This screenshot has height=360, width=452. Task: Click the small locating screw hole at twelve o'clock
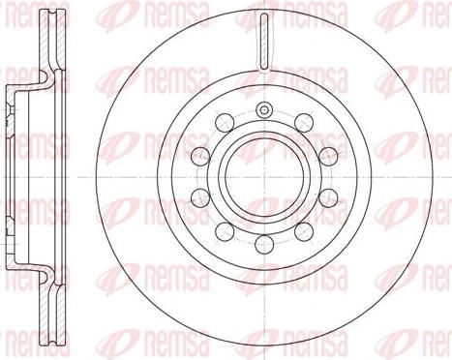click(263, 105)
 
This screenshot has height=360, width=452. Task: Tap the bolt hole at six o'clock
click(263, 238)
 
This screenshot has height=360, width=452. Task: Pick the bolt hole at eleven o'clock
click(225, 119)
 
